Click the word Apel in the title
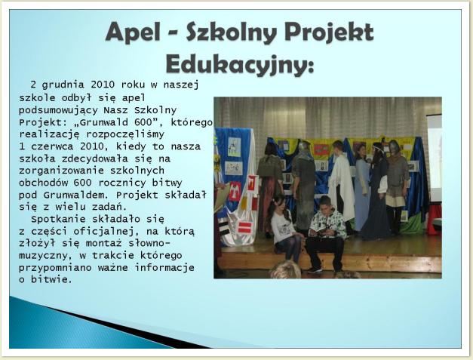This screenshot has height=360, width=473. pos(133,32)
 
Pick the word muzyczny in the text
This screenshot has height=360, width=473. pos(43,256)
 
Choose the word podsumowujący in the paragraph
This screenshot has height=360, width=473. pos(58,111)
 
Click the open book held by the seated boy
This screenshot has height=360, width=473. pos(318,232)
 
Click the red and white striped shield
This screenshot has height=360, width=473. pos(244,227)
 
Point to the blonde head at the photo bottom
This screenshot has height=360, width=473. pos(285,270)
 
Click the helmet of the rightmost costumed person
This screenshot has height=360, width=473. pos(394,147)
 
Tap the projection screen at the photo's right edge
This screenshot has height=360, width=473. pos(435,157)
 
